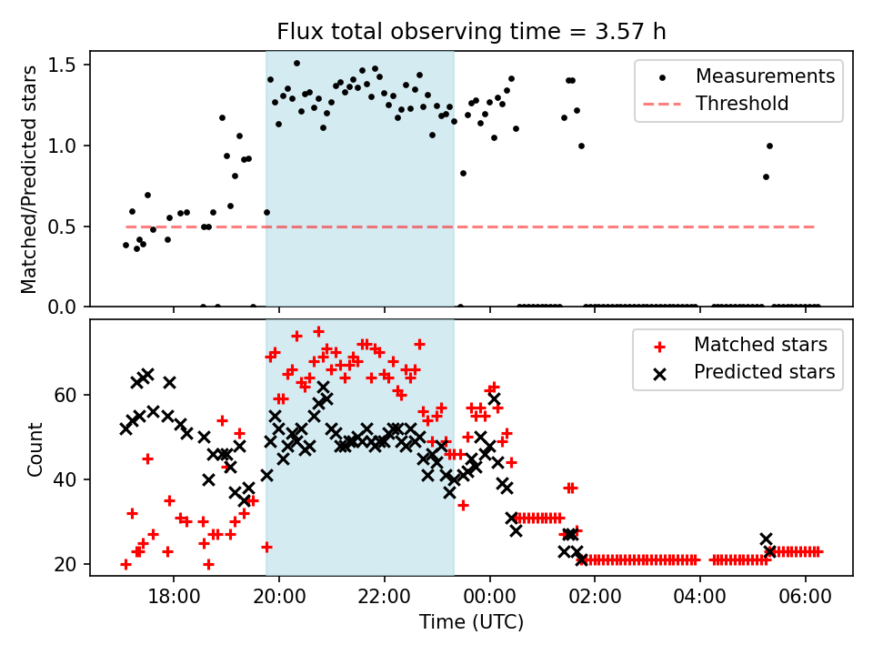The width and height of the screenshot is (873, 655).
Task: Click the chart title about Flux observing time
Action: pos(471,32)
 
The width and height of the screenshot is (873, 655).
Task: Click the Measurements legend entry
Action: pos(765,76)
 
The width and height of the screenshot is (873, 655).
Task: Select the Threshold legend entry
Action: pos(742,104)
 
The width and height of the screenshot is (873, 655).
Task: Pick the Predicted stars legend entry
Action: pos(764,371)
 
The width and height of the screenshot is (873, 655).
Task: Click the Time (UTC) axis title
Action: pos(471,623)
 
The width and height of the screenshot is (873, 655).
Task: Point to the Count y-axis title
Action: pos(35,448)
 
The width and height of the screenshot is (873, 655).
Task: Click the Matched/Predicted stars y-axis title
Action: pos(29,179)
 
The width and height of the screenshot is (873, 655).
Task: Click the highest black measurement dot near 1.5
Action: pos(296,64)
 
